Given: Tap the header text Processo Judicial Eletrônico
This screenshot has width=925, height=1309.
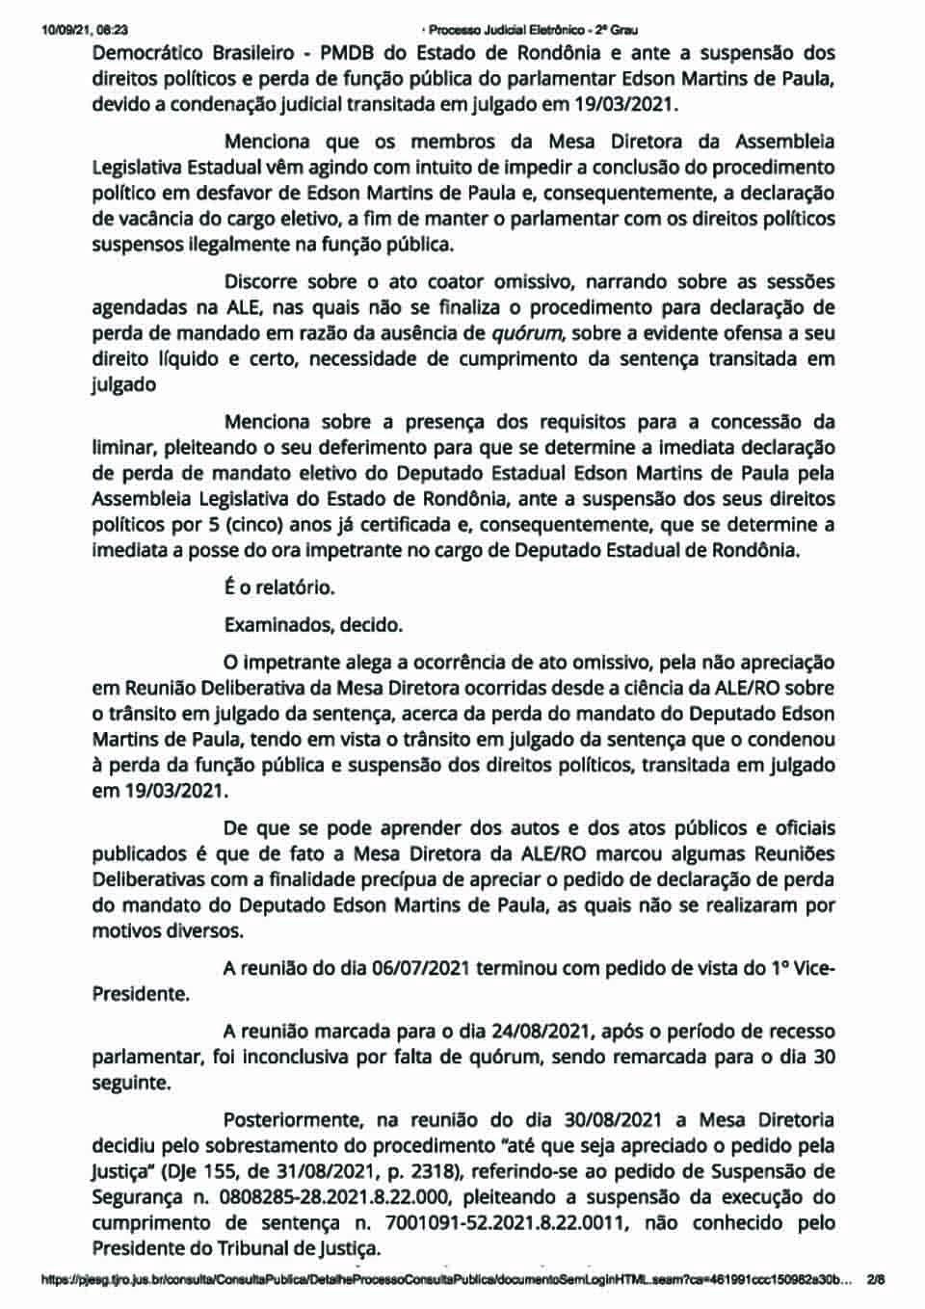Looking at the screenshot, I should coord(502,30).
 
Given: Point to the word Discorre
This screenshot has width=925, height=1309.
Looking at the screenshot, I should coord(264,283).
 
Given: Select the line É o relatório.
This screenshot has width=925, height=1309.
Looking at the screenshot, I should coord(279,587).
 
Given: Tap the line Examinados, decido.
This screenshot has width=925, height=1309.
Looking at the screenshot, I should coord(313,624).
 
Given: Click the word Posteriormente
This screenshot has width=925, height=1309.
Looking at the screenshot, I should coord(285,1120).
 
